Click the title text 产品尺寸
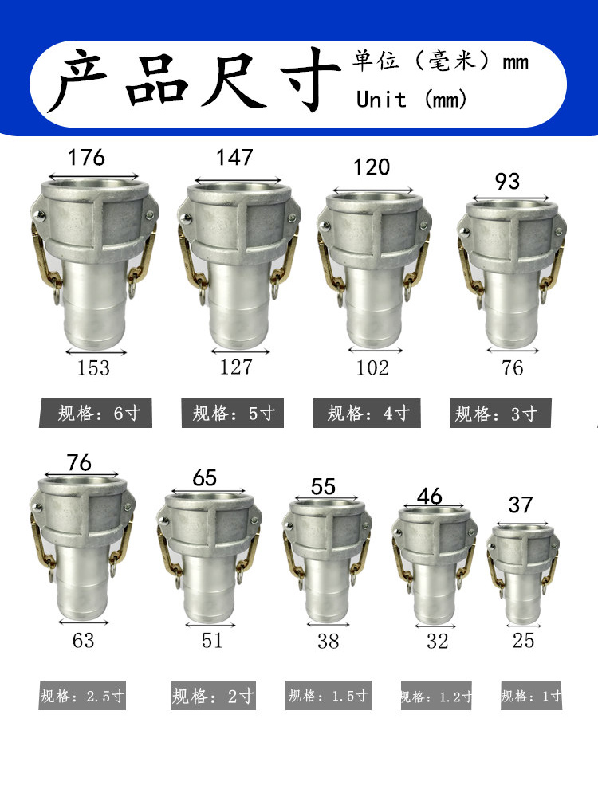pos(195,83)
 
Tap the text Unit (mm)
pos(411,100)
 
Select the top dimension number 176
pos(86,157)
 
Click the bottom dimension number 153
pos(93,367)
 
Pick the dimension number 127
pos(236,367)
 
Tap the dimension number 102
pos(372,367)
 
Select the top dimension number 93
pos(507,181)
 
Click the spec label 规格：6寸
pos(96,414)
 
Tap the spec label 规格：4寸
pos(368,414)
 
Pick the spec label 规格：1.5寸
pos(329,695)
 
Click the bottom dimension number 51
pos(212,640)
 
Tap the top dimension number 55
pos(323,486)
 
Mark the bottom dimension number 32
pos(438,641)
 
